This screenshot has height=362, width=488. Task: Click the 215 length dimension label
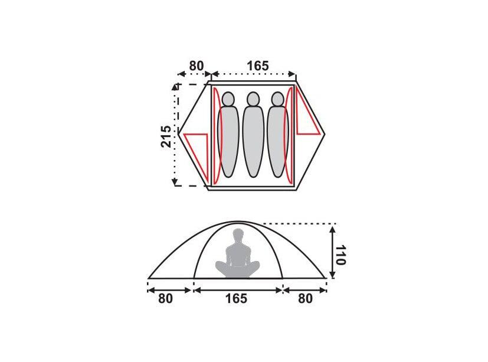166,136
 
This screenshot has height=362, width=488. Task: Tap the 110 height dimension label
340,255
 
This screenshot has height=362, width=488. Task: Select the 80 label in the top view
196,66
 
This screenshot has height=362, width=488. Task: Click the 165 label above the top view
258,66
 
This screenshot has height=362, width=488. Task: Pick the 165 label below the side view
236,298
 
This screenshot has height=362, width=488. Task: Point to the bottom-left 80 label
165,298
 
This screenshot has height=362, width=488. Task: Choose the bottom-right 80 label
305,298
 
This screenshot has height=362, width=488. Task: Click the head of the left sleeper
228,99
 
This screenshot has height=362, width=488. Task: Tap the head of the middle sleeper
253,99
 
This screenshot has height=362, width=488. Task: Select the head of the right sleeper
277,99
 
